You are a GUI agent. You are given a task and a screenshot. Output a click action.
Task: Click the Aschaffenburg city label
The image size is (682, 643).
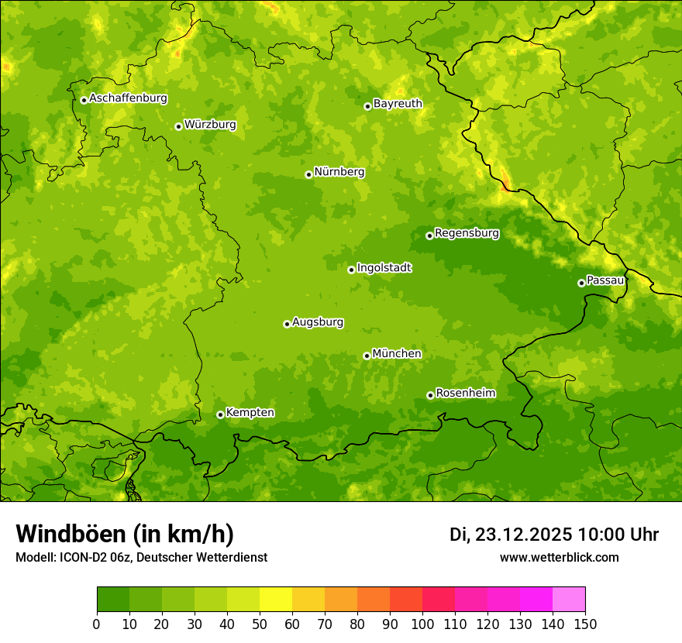pos(128,98)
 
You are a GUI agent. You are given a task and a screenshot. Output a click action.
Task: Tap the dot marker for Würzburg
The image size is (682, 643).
pos(178,126)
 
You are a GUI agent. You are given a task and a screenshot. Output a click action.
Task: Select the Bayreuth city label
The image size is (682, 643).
pos(398,103)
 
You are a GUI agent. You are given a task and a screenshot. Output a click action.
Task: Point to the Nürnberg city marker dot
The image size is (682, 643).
pos(308,174)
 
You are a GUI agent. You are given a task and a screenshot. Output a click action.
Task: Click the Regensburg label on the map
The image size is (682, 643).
pos(467,232)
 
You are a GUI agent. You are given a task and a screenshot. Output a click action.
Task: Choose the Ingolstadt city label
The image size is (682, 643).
pos(384,267)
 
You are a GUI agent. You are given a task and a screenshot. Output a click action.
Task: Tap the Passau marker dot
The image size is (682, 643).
pos(581,283)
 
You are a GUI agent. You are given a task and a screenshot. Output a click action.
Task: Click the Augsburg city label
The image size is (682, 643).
pos(317,321)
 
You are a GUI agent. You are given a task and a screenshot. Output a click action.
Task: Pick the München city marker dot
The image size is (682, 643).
pos(367,356)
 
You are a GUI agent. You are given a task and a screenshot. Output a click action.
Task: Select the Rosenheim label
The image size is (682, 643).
pos(465,393)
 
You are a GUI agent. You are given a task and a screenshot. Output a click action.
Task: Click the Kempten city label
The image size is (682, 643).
pos(250,412)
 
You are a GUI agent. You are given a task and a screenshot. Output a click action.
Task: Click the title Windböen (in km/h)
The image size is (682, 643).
pos(125,534)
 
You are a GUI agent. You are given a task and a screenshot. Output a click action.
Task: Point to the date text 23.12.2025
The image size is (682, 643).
pos(523,535)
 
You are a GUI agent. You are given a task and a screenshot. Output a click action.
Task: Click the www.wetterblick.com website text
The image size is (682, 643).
pos(559,557)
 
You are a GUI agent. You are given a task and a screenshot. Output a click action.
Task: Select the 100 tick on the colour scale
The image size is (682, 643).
pos(422,624)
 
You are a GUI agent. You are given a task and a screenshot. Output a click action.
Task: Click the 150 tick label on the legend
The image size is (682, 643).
pos(585,624)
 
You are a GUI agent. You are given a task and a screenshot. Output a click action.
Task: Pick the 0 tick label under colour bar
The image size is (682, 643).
pos(97,624)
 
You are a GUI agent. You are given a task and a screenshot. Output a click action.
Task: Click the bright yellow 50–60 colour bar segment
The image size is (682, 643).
pos(276,600)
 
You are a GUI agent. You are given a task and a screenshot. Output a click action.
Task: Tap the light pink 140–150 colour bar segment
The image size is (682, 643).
pos(569,600)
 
